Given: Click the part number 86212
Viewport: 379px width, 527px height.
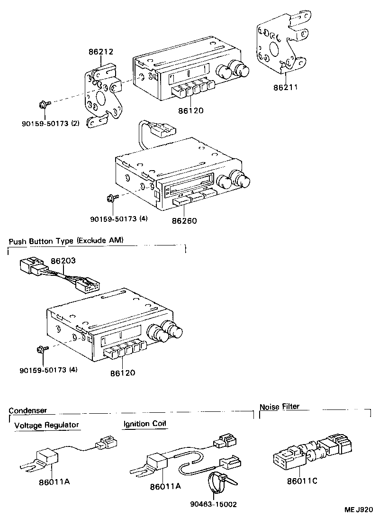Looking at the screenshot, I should pyautogui.click(x=101, y=52).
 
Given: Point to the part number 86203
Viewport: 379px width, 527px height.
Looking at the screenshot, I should pyautogui.click(x=63, y=261).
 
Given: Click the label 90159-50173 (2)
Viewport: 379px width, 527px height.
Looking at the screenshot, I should pyautogui.click(x=51, y=123).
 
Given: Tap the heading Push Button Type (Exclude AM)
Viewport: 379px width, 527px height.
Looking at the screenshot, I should pyautogui.click(x=66, y=241).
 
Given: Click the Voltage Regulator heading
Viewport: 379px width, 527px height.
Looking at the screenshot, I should pyautogui.click(x=46, y=425).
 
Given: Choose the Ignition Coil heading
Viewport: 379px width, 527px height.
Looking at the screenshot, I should pyautogui.click(x=145, y=424).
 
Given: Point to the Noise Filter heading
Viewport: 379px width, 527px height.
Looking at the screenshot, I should pyautogui.click(x=280, y=406).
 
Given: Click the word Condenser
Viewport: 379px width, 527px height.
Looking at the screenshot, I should pyautogui.click(x=27, y=410).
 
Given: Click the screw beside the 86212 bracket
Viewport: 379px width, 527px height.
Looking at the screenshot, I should pyautogui.click(x=43, y=104).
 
